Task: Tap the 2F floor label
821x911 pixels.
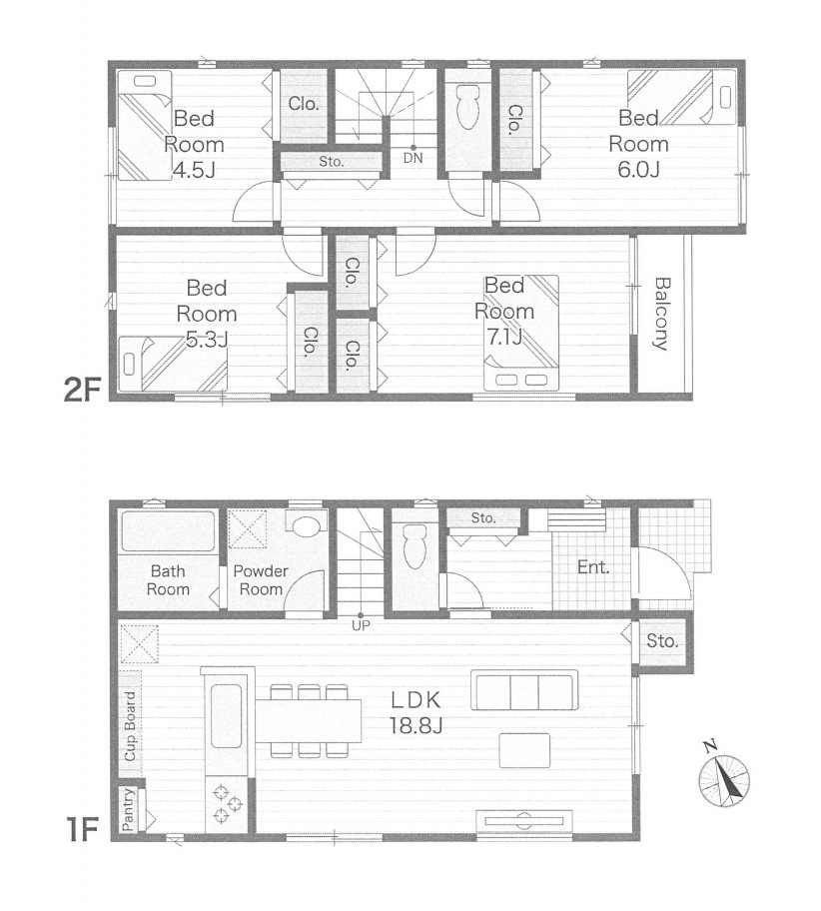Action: (x=83, y=390)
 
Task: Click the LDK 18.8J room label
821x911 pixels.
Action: (x=416, y=712)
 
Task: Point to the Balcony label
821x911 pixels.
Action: (x=662, y=314)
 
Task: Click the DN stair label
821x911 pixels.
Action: (x=413, y=158)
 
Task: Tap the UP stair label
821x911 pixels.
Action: (x=361, y=625)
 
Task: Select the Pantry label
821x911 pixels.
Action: (x=129, y=809)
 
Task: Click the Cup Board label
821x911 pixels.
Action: (x=130, y=726)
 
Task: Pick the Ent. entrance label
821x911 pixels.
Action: (x=593, y=567)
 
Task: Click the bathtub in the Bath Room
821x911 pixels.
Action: (x=168, y=530)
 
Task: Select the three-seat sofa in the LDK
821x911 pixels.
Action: (x=524, y=690)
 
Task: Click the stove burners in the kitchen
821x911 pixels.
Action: (x=227, y=803)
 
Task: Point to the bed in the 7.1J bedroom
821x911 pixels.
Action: (x=521, y=333)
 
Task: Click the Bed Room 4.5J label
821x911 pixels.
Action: (x=194, y=144)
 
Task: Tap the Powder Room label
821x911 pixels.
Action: (x=261, y=579)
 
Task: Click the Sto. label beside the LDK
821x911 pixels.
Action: (x=662, y=641)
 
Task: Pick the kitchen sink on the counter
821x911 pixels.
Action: (x=227, y=716)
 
